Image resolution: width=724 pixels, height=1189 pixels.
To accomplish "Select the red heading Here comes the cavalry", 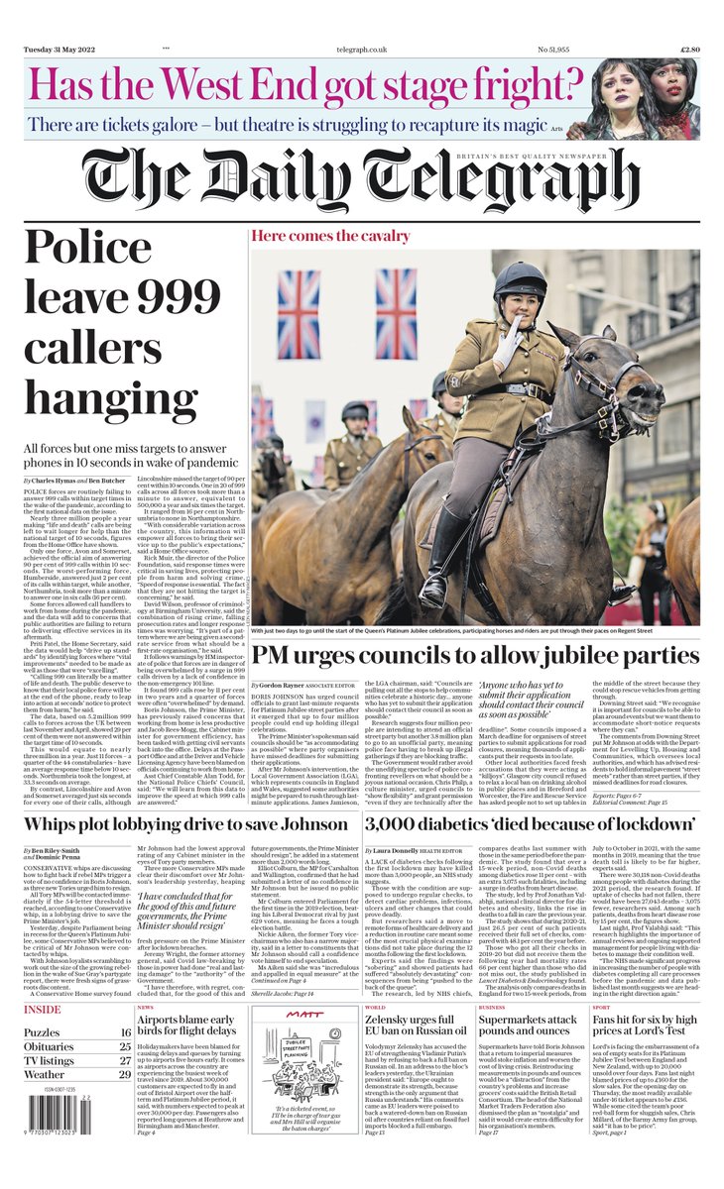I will [x=330, y=236].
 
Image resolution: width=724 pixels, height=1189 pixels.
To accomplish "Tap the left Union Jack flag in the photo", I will [x=299, y=313].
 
